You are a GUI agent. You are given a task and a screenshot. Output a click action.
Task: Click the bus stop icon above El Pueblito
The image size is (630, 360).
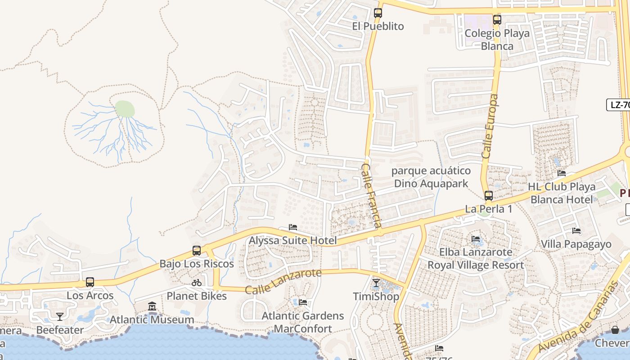pos(378,13)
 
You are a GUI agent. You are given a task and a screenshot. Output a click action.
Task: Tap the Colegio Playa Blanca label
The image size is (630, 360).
pos(497,40)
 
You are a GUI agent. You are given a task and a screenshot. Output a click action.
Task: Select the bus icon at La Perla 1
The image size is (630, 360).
pos(488,196)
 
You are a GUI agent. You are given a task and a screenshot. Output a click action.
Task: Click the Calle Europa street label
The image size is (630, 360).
pos(490,126)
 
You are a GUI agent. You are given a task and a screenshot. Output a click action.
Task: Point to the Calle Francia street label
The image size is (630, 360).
pos(372,195)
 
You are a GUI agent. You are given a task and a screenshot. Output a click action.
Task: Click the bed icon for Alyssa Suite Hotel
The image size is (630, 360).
pos(293,227)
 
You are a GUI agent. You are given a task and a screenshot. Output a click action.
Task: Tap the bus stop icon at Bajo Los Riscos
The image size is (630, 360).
pos(197,251)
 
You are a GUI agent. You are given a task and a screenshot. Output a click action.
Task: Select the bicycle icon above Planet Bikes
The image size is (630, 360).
pos(197,283)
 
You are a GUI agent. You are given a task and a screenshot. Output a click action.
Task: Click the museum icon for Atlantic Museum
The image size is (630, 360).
pos(152,306)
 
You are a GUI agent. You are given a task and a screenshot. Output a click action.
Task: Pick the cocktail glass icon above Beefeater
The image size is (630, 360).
pos(59,317)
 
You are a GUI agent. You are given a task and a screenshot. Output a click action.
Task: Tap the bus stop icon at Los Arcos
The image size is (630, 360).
pos(90,282)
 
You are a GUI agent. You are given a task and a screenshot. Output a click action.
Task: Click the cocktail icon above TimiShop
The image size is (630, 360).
pos(376,283)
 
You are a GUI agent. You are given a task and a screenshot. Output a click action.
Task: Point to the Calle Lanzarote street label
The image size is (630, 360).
pos(283,281)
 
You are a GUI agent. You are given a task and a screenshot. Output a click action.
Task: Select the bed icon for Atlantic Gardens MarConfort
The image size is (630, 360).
pos(303,302)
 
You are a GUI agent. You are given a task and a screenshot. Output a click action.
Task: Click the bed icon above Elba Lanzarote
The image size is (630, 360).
pos(476,238)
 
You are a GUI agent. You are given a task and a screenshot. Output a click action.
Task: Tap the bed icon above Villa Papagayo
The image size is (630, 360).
pos(576,231)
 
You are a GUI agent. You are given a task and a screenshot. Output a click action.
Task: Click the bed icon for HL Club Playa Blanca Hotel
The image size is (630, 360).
pos(561,173)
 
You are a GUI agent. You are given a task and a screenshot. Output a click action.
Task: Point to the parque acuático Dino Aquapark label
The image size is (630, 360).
pos(431,177)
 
